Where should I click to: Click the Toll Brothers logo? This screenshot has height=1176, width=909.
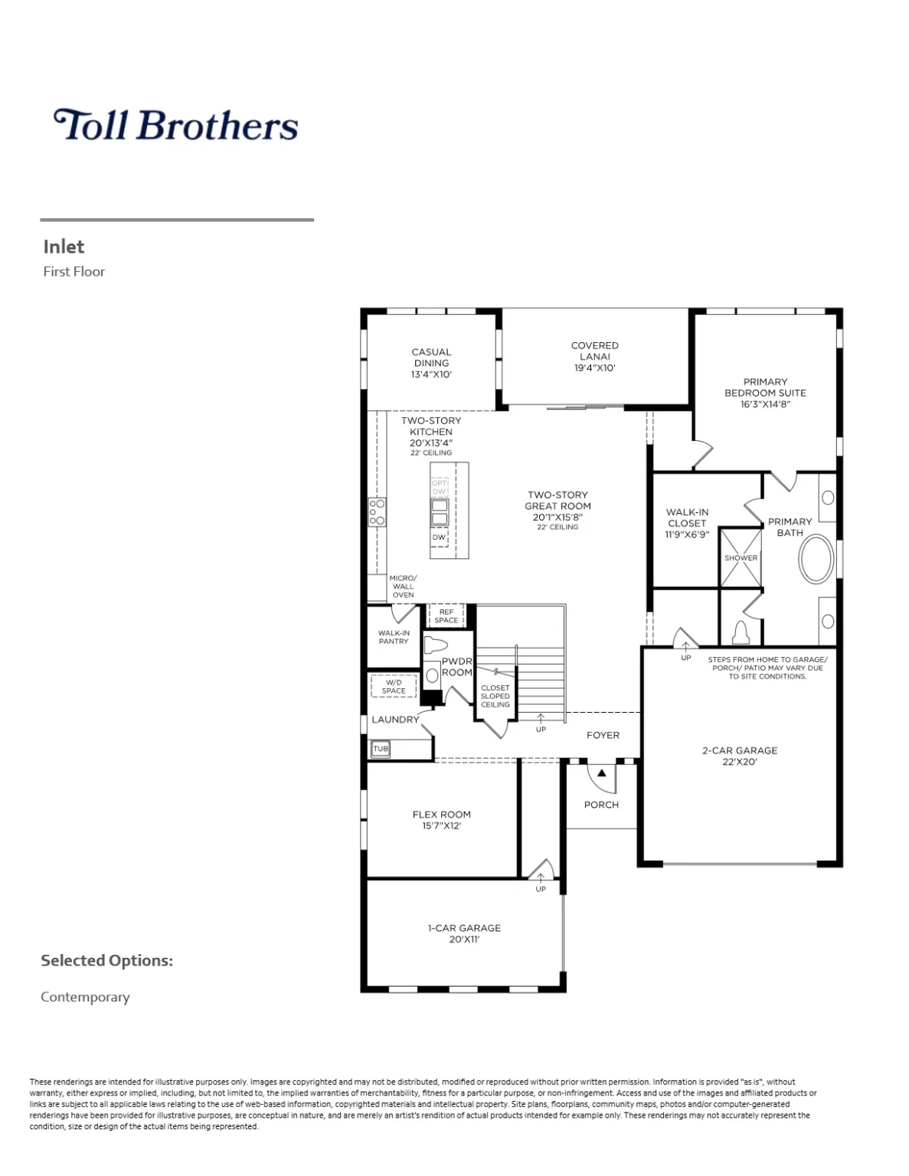coord(175,125)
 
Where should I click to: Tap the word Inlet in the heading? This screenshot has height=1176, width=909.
coord(64,247)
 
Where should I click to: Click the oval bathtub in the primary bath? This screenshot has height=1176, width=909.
coord(816,560)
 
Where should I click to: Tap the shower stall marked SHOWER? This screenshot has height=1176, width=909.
coord(741,557)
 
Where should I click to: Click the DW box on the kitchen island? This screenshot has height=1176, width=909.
coord(439,537)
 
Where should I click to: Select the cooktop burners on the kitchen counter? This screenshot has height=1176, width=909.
coord(377,511)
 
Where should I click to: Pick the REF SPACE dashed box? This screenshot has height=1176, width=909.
coord(446,616)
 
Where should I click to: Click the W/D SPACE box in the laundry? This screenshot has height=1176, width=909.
coord(394,686)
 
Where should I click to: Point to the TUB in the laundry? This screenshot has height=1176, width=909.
coord(381,749)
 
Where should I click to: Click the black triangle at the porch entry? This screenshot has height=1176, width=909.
coord(602,773)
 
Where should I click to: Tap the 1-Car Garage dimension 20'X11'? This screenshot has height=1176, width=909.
coord(464,939)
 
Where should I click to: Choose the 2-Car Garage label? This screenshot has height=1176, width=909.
coord(740,750)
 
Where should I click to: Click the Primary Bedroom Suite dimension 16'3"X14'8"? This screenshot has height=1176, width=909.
coord(765,404)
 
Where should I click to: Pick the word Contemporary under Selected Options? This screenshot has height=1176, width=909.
coord(85,997)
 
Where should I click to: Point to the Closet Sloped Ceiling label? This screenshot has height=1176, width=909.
coord(495,696)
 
